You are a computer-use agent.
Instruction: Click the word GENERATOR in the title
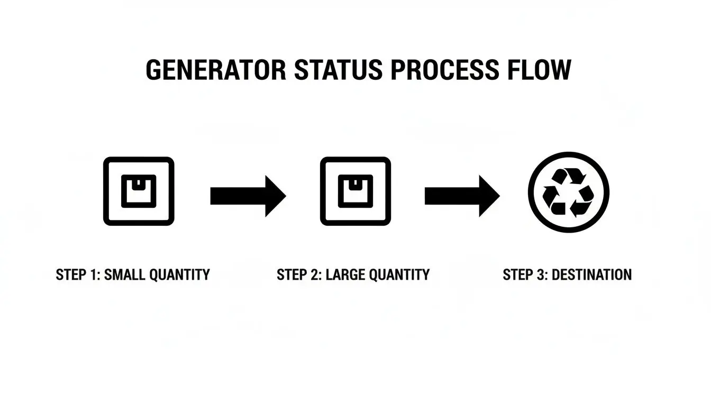click(x=216, y=70)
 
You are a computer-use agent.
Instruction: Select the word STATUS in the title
click(x=339, y=70)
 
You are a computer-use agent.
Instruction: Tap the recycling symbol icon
click(x=569, y=192)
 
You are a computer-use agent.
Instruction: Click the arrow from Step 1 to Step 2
click(x=248, y=196)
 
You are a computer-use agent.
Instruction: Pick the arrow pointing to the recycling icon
click(x=462, y=196)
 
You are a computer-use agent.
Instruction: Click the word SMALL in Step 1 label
click(x=125, y=275)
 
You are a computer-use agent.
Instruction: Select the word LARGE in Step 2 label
click(x=345, y=275)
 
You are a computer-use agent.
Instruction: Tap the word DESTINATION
click(x=591, y=275)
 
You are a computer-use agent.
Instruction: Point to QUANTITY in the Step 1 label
click(x=179, y=275)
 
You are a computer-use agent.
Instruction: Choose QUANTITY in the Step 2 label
click(x=399, y=275)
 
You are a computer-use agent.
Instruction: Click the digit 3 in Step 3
click(x=541, y=275)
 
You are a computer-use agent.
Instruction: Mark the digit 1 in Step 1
click(x=93, y=275)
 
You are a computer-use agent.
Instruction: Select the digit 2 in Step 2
click(x=314, y=275)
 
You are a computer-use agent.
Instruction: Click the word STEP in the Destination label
click(x=518, y=275)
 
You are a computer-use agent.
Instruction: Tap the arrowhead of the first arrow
click(x=276, y=196)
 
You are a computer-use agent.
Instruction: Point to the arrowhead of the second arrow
click(x=489, y=196)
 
